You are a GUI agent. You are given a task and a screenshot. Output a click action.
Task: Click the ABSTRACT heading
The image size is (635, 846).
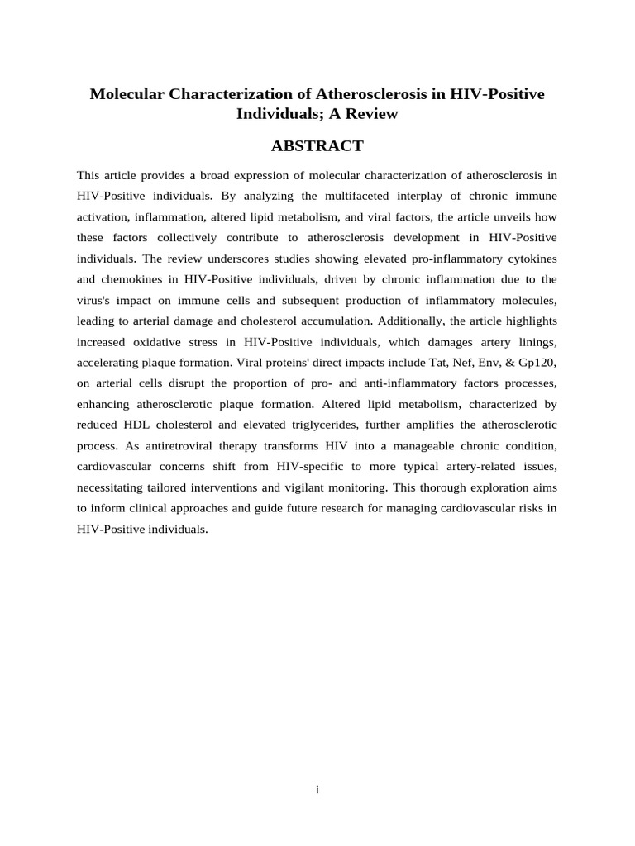click(x=317, y=146)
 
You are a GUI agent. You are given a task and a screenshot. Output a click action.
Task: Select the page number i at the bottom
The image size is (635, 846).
click(x=317, y=790)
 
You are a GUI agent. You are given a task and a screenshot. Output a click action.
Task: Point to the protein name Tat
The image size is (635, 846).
click(x=423, y=361)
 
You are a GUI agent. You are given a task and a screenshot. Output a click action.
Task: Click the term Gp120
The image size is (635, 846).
click(x=538, y=361)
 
